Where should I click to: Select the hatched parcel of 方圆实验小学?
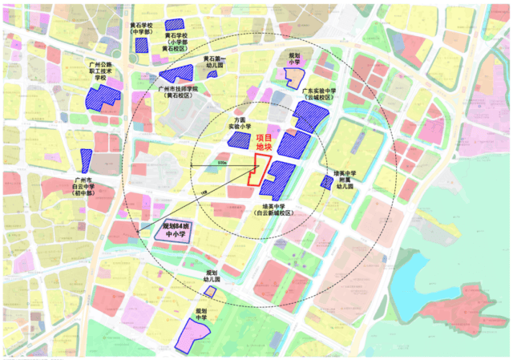click(239, 140)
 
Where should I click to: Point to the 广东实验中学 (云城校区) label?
click(318, 95)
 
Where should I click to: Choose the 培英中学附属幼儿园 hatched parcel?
click(326, 183)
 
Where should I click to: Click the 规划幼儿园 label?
click(212, 277)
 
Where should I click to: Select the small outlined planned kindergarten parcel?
click(210, 291)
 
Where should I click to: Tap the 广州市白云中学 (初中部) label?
click(83, 185)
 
